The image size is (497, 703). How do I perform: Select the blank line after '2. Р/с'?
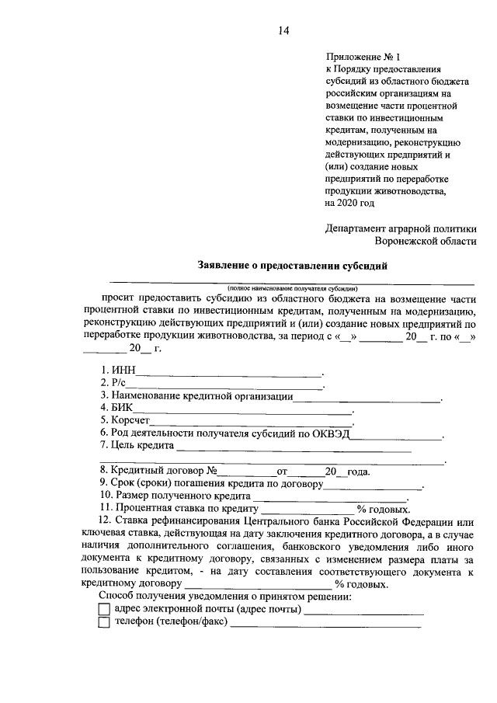tap(225, 384)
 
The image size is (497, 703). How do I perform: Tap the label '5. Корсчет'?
tap(124, 419)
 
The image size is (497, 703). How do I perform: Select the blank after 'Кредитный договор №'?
tap(245, 471)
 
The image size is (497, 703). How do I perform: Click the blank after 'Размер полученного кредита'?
tap(329, 495)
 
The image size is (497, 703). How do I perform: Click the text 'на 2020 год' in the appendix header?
tap(350, 203)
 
